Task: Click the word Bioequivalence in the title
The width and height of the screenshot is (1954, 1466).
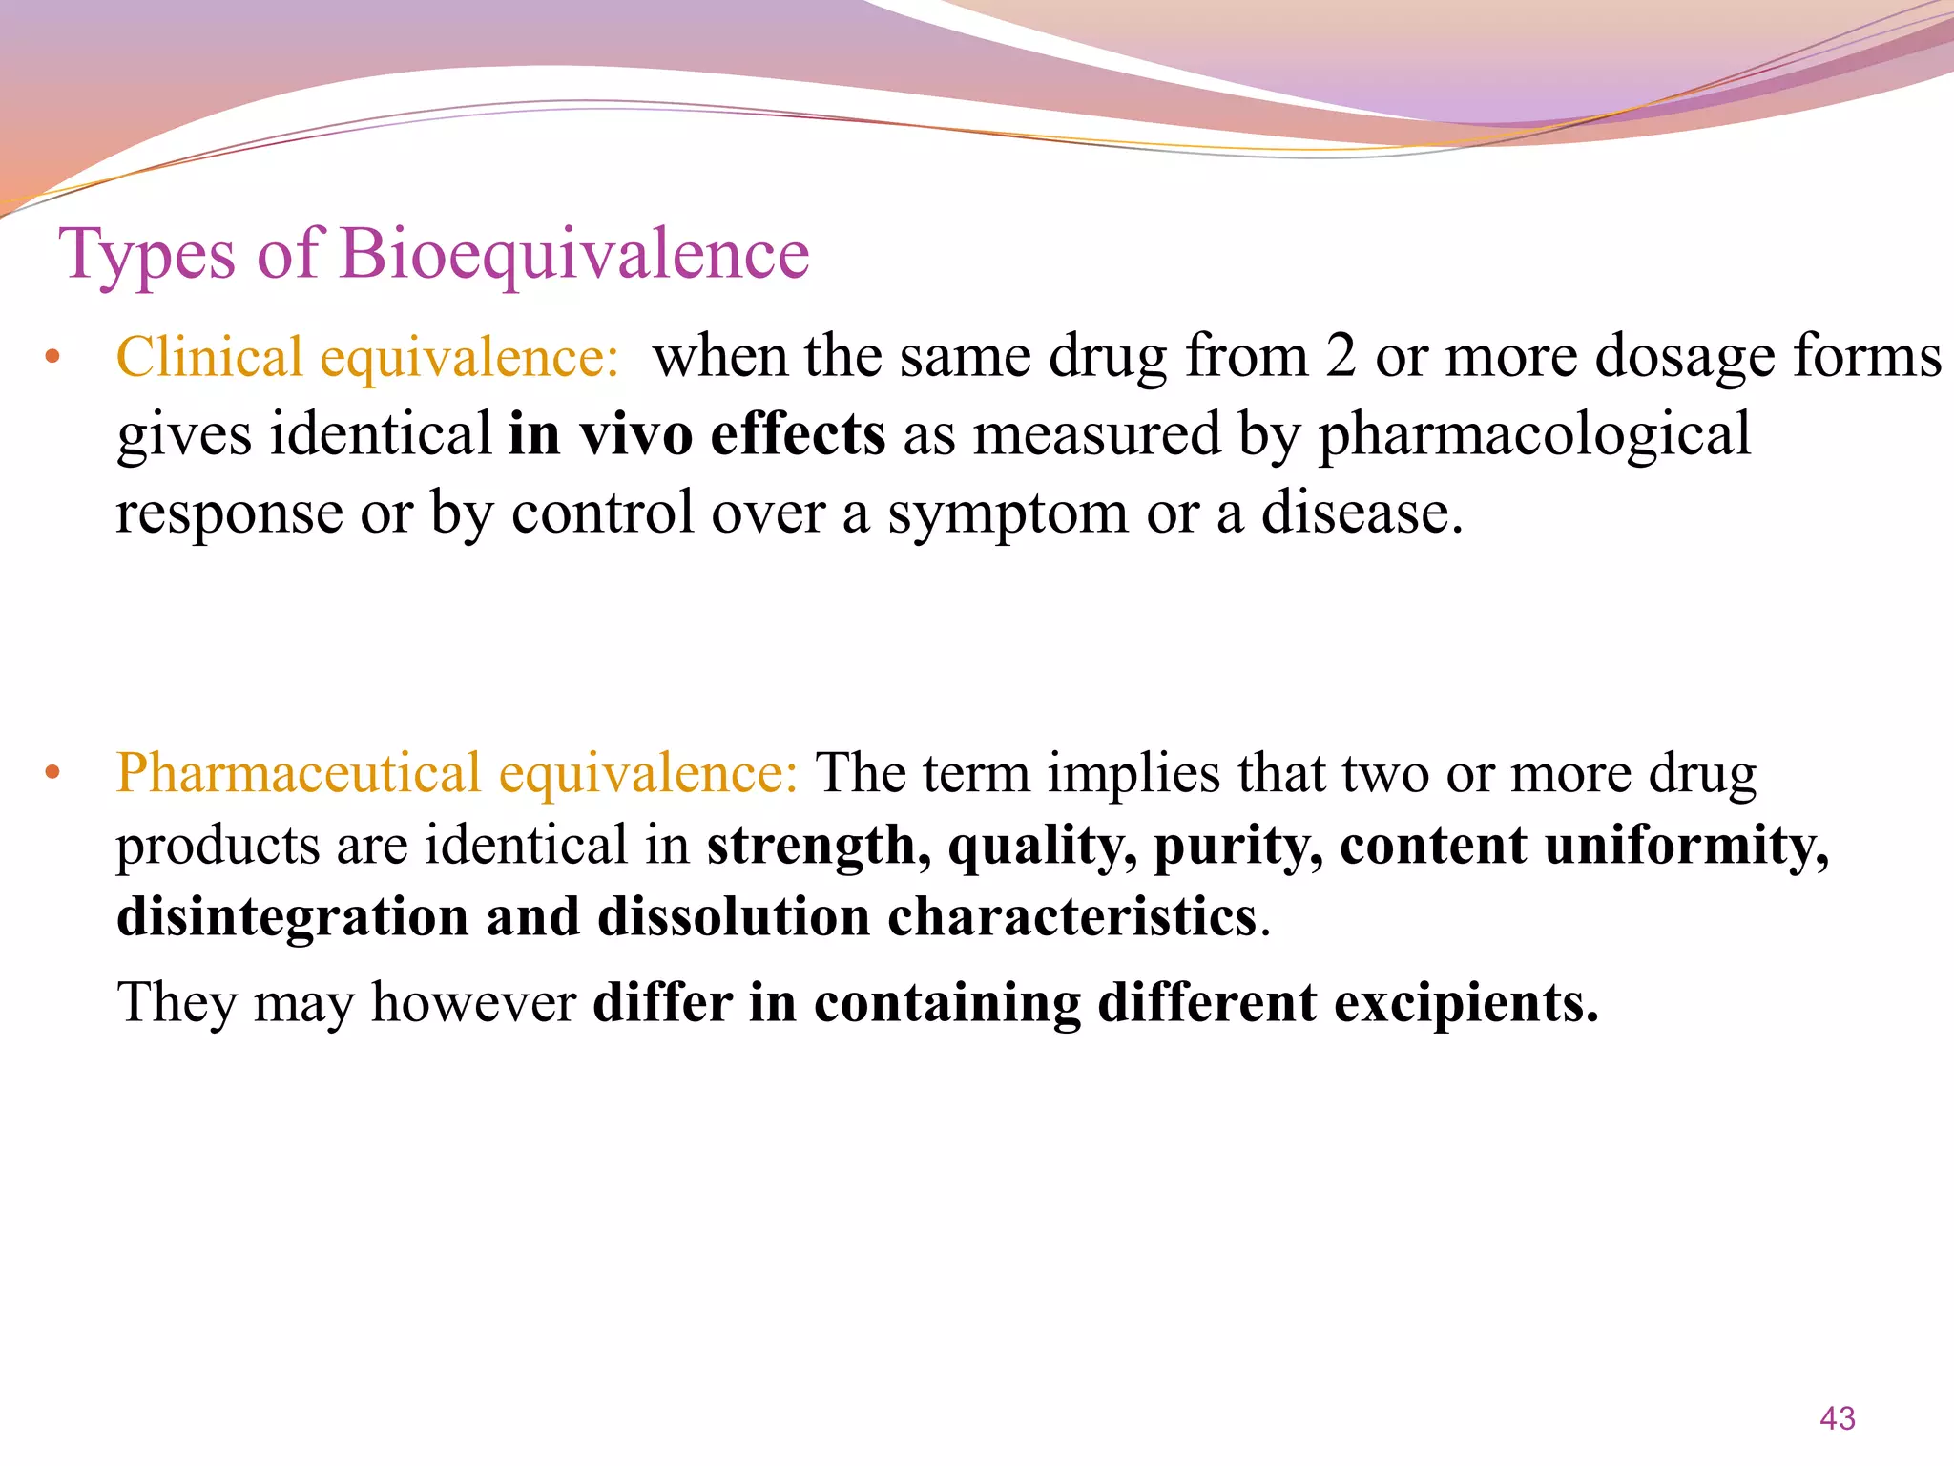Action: (x=574, y=256)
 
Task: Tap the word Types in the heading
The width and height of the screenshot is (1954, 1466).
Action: (x=147, y=256)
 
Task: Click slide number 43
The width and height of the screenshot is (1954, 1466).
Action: (x=1837, y=1418)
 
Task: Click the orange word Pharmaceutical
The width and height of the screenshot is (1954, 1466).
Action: (x=298, y=773)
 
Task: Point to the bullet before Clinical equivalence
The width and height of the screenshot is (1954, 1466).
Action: (x=52, y=360)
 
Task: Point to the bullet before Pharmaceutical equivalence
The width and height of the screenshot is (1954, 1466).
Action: (x=52, y=773)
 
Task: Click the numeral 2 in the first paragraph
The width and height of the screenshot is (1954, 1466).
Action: (x=1341, y=357)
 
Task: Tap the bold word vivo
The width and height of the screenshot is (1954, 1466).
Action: (x=636, y=435)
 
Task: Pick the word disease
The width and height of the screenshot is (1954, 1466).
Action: (x=1362, y=513)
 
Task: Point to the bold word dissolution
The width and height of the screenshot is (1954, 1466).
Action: (x=734, y=918)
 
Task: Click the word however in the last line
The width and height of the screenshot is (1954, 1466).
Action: (x=473, y=1003)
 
